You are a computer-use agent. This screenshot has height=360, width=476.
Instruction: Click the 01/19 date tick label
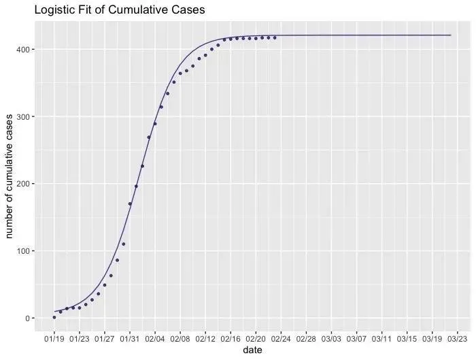(54, 338)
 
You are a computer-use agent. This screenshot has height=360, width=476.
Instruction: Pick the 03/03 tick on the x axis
(331, 338)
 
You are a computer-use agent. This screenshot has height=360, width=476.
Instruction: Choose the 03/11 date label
(381, 338)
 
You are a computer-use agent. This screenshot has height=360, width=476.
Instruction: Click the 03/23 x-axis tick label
(457, 338)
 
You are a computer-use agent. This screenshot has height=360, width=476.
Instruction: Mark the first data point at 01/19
(54, 317)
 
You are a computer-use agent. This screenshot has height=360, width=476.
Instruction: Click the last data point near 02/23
(275, 37)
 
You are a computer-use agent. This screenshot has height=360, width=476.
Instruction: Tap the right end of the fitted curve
(451, 35)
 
